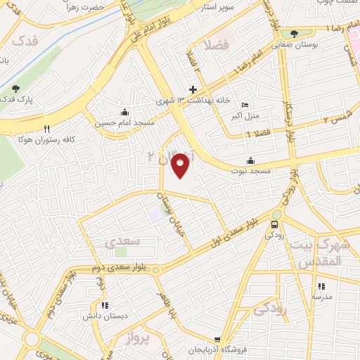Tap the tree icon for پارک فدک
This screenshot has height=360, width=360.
16,89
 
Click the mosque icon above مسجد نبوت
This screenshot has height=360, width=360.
251,160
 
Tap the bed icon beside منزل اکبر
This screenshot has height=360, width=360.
245,105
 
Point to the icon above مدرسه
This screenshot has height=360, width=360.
321,286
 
